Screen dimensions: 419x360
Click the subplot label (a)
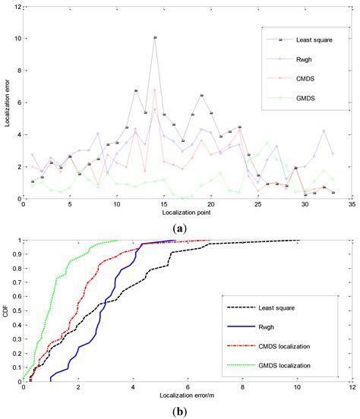point(180,228)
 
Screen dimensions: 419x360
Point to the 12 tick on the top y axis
point(15,6)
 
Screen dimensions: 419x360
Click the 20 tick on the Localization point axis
point(210,206)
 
